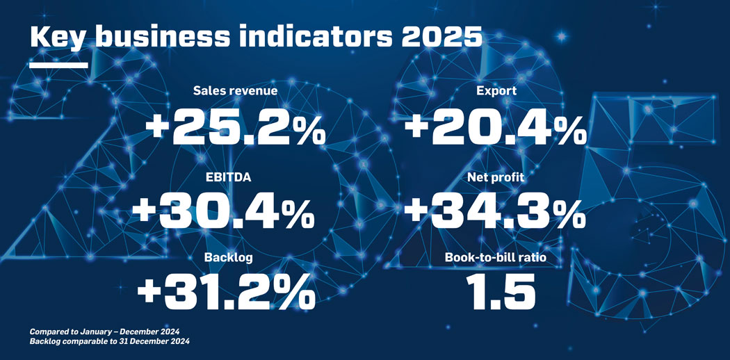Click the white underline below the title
59,65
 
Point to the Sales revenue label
235,91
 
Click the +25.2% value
235,128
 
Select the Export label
496,91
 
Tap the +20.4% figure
495,128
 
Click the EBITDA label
228,178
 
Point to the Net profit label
496,178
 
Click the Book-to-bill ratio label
495,258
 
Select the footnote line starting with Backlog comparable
109,342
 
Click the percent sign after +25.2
307,129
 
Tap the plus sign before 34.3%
419,211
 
